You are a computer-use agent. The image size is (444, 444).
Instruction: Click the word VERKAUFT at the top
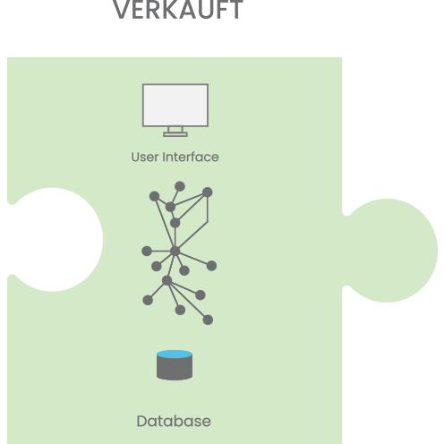click(178, 10)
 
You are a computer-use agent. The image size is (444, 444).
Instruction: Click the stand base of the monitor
click(175, 134)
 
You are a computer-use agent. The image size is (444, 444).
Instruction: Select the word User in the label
click(145, 157)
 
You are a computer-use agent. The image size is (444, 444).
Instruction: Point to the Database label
click(174, 421)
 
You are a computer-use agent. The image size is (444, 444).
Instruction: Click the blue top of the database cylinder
click(175, 354)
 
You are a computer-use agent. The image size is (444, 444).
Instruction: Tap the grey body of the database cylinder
click(175, 369)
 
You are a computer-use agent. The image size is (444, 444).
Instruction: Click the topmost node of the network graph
click(180, 186)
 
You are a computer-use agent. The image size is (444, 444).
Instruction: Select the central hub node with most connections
click(175, 252)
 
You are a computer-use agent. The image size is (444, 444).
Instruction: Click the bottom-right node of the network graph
click(208, 320)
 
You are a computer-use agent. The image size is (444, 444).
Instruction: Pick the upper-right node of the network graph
click(208, 192)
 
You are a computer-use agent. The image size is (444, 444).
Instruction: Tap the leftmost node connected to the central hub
click(147, 251)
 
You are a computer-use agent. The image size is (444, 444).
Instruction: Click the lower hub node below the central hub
click(167, 280)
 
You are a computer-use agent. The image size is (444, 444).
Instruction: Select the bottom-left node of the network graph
click(148, 300)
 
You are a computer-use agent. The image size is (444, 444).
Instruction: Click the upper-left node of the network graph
click(154, 196)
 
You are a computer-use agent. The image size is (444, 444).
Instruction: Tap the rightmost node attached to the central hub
click(211, 266)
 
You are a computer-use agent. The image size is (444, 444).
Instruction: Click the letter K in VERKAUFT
click(167, 10)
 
